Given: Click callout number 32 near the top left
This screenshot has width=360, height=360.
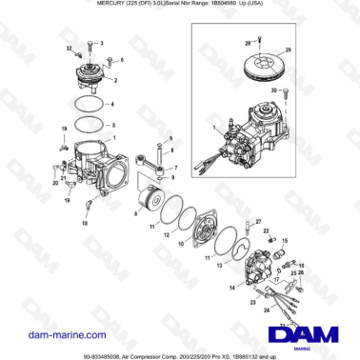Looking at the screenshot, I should [69, 47].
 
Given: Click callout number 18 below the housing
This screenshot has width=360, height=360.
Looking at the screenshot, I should [84, 221].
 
